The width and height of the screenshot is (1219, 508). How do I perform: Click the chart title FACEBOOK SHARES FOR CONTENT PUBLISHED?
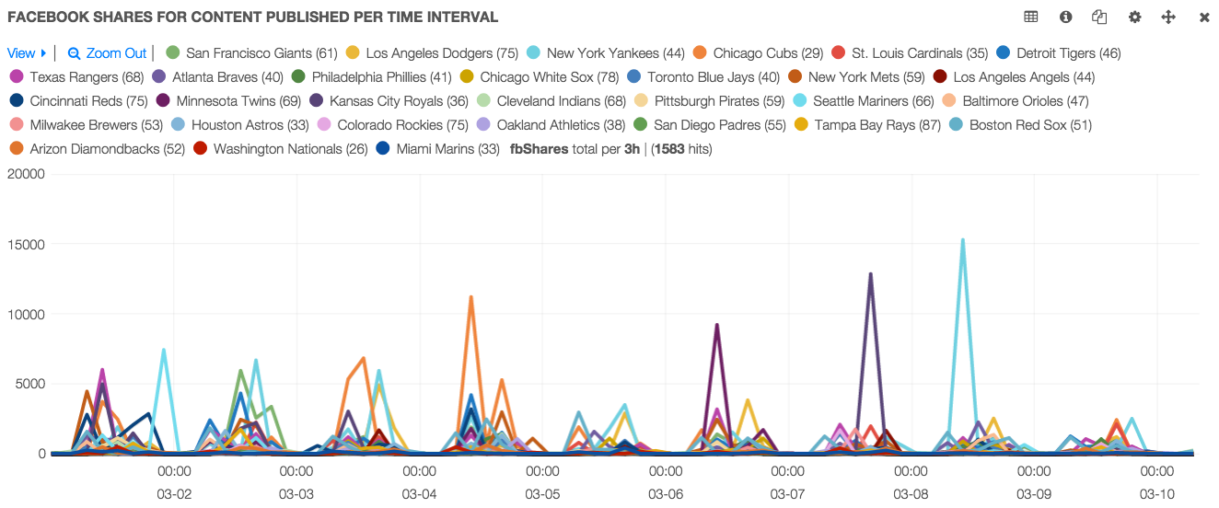coord(253,17)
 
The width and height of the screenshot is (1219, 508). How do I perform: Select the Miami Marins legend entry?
coord(440,149)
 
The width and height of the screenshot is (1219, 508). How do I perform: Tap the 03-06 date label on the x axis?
coord(666,494)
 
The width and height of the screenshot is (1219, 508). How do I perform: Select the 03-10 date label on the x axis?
coord(1157,494)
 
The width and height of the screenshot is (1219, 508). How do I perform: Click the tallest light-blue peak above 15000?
coord(963,240)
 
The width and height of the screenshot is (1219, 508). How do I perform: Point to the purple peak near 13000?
coord(870,274)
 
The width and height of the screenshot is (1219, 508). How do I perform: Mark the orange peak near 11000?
coord(470,297)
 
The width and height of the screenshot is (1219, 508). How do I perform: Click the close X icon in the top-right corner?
coord(1204,17)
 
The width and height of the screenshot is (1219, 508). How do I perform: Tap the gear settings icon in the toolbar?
coord(1134,17)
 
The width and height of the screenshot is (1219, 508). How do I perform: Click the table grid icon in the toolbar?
coord(1031,17)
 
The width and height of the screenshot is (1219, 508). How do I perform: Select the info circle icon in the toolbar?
coord(1066,17)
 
